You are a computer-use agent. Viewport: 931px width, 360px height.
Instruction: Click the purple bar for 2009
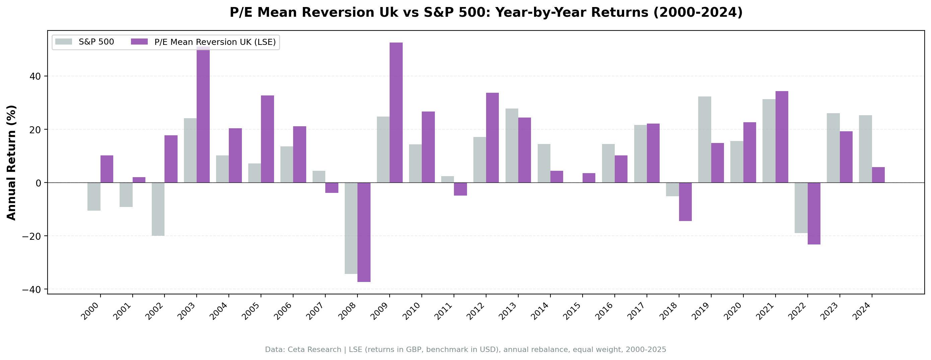click(396, 113)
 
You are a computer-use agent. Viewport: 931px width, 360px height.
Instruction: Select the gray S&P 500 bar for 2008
click(351, 228)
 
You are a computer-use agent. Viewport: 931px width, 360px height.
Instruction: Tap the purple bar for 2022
click(814, 213)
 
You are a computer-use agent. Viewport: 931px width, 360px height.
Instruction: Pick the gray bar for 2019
click(705, 140)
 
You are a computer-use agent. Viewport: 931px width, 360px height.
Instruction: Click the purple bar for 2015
click(589, 178)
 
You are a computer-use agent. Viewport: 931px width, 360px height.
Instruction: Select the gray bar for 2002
click(158, 209)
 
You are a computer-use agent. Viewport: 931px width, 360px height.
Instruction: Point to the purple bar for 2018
click(685, 202)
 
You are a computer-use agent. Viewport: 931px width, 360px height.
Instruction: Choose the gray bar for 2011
click(448, 179)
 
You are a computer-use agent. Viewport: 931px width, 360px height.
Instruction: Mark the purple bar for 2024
click(878, 175)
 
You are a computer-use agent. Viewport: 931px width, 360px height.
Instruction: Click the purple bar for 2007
click(332, 188)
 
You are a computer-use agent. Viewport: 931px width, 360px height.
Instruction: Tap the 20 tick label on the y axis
click(36, 130)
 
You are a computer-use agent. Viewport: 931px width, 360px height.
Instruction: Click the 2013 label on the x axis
click(508, 311)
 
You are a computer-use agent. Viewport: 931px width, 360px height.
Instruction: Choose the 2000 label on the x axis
click(90, 311)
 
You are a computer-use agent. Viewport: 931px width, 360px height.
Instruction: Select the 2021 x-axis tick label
click(765, 311)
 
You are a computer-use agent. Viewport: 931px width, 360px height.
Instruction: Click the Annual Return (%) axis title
click(12, 163)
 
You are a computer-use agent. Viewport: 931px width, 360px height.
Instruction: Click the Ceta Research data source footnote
click(466, 350)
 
